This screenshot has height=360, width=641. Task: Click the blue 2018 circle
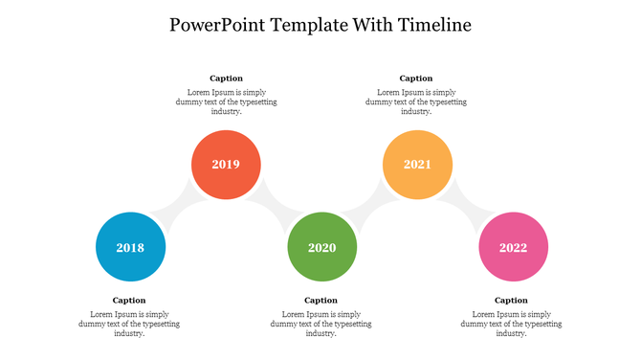click(130, 247)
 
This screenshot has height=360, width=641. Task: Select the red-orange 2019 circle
click(226, 165)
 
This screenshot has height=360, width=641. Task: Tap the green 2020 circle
click(321, 247)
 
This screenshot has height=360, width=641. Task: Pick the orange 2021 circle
click(417, 165)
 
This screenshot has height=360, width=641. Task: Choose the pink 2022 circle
click(513, 247)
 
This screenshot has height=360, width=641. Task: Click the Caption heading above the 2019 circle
click(226, 79)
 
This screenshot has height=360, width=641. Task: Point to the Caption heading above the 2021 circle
click(416, 79)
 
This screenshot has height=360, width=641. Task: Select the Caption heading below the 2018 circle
click(129, 301)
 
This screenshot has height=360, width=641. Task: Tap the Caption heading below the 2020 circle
click(320, 301)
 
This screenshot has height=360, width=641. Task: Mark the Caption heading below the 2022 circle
click(511, 301)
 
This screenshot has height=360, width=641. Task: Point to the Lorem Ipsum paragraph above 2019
click(226, 101)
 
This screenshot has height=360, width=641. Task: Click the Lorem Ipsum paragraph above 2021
click(416, 101)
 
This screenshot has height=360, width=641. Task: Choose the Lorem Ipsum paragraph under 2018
click(129, 324)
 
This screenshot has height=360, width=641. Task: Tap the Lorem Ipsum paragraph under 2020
click(320, 324)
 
